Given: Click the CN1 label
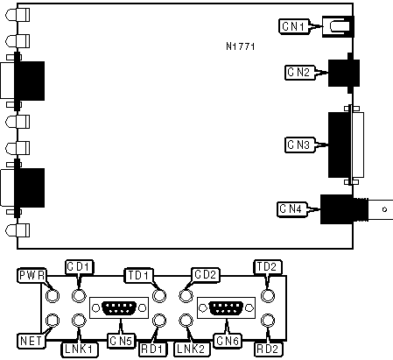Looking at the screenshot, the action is [294, 26].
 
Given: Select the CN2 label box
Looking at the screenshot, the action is [299, 72].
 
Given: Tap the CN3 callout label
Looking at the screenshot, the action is [299, 145].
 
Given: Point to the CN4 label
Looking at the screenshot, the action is [291, 209].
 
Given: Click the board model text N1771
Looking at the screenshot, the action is [241, 46].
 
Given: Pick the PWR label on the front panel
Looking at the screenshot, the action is [32, 276].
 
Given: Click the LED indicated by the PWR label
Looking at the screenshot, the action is [53, 296].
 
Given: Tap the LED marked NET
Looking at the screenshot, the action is [53, 321].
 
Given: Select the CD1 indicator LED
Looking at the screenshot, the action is [78, 296].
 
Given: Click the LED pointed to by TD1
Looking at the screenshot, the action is [159, 296].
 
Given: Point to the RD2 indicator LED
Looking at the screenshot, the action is [267, 321].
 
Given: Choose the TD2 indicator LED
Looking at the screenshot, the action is [267, 296].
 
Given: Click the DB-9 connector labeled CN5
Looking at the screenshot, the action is [119, 308].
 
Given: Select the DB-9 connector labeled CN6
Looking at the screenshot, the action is [227, 308].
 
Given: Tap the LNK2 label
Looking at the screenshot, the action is [193, 349].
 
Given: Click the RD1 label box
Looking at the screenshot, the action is [152, 349].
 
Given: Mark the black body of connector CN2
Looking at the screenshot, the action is [344, 73].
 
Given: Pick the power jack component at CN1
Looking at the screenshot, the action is [338, 27].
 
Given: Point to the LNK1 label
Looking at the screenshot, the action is [80, 349].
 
